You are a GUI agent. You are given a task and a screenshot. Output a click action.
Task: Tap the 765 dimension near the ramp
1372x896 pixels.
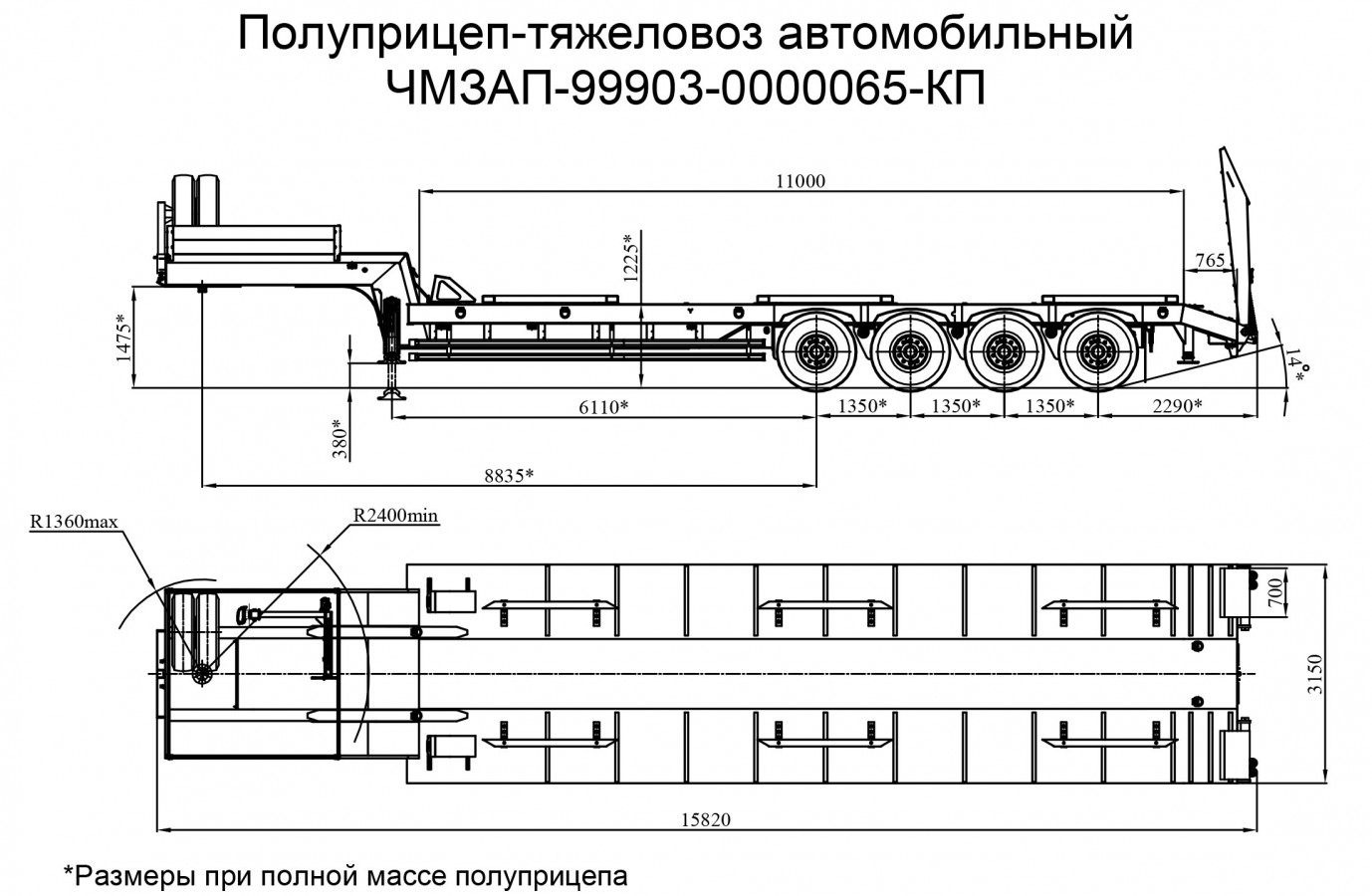1209,261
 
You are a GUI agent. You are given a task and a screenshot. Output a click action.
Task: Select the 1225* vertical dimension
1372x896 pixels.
628,258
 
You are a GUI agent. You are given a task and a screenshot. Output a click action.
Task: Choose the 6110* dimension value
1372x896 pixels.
603,406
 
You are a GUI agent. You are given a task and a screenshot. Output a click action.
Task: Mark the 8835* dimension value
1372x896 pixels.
509,475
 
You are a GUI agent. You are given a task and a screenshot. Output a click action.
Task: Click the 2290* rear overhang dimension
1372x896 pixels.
1177,406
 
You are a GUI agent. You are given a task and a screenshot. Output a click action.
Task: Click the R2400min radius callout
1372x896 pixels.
395,516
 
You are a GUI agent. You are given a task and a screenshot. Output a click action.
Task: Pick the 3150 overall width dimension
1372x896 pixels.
1315,675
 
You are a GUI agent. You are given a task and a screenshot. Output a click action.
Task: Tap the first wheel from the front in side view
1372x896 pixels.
816,351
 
